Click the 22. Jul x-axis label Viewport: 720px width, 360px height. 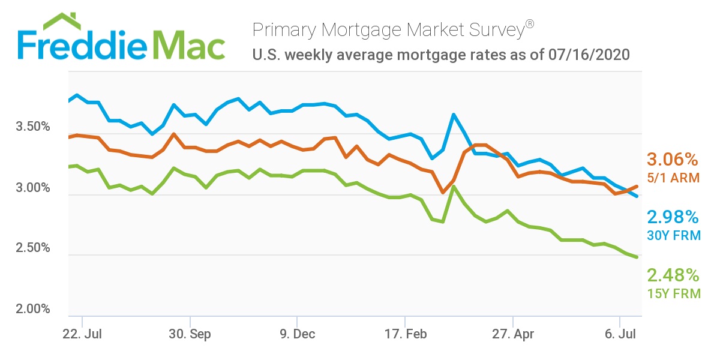pos(82,334)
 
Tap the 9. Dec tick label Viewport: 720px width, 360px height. pos(297,334)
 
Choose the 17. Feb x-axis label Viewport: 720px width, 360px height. pos(405,334)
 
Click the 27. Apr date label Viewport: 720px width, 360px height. pos(512,334)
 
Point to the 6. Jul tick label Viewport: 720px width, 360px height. pos(620,334)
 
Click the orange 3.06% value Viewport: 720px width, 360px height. pos(673,160)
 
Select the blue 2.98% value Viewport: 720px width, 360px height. pos(673,217)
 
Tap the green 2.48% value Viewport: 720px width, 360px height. pos(673,275)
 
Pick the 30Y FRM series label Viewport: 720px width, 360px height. pos(673,235)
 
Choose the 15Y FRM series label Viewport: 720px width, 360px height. pos(673,293)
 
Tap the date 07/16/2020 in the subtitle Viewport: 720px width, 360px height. pos(589,55)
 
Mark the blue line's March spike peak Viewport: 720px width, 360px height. pos(454,114)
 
